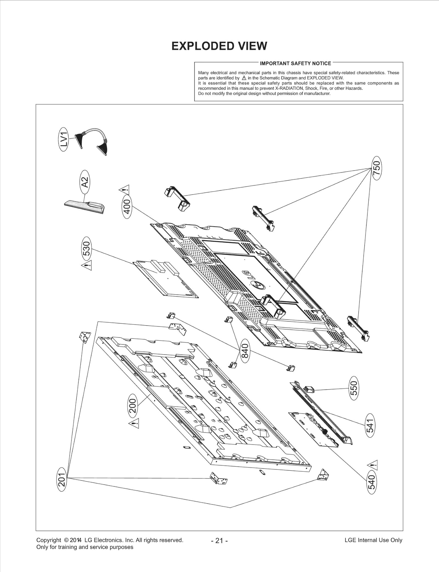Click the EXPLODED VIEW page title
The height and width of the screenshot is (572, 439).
pos(219,46)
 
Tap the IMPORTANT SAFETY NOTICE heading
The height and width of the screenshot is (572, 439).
pos(295,63)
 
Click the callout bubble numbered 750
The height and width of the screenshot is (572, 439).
pos(377,168)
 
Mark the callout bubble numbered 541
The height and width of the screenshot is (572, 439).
pos(370,426)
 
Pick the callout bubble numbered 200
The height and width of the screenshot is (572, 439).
pos(133,406)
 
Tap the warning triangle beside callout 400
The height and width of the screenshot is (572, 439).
pos(124,189)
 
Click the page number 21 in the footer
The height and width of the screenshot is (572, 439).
pos(219,541)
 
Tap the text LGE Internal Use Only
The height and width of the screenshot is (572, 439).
pos(373,540)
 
